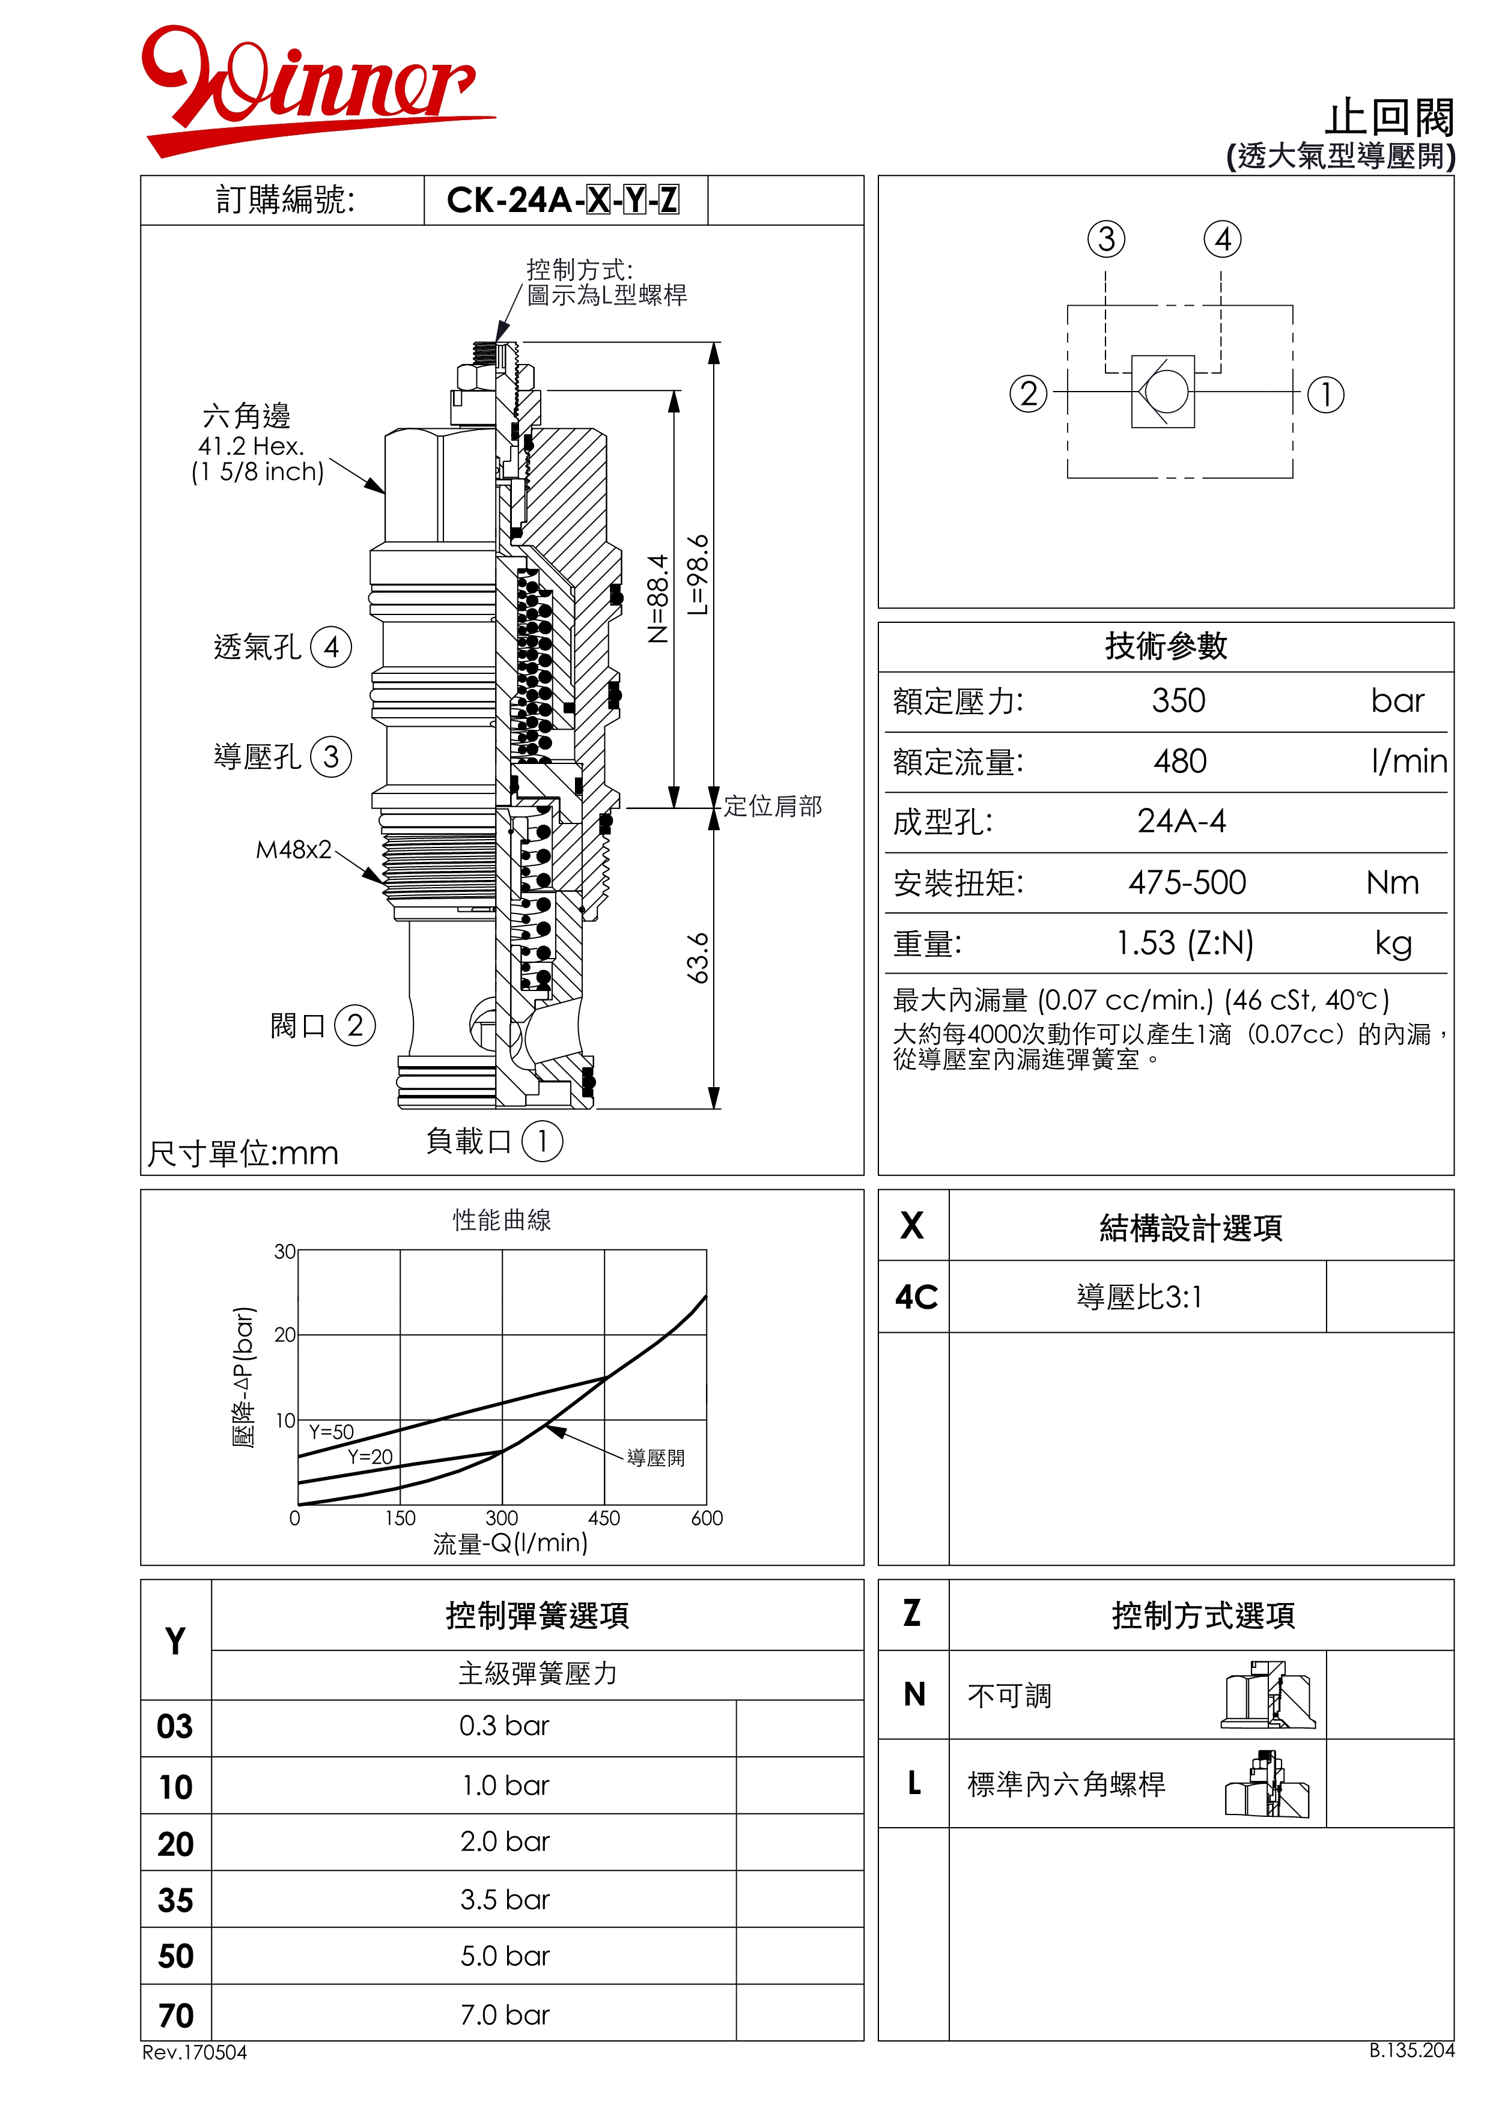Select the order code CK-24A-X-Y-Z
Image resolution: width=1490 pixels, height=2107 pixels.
tap(562, 200)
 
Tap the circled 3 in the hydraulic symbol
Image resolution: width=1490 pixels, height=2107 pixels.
tap(1106, 240)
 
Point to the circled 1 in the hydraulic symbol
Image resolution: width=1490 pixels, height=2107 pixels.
tap(1325, 395)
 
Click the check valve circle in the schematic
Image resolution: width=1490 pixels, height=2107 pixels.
tap(1166, 392)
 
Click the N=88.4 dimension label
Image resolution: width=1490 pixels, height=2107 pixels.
tap(658, 598)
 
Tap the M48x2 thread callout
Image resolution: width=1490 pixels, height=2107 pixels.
tap(293, 850)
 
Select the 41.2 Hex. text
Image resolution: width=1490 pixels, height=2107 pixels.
tap(251, 446)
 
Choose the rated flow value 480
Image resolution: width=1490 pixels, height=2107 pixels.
tap(1180, 762)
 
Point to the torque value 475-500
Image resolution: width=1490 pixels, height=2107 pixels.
tap(1187, 883)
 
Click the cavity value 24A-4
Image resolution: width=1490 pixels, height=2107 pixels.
tap(1182, 821)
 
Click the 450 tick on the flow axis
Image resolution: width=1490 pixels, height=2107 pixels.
tap(604, 1518)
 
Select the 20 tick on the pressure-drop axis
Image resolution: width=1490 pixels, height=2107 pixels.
tap(285, 1335)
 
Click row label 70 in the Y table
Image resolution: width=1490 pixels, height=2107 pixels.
tap(175, 2015)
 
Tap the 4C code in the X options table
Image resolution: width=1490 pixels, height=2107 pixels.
tap(915, 1297)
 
